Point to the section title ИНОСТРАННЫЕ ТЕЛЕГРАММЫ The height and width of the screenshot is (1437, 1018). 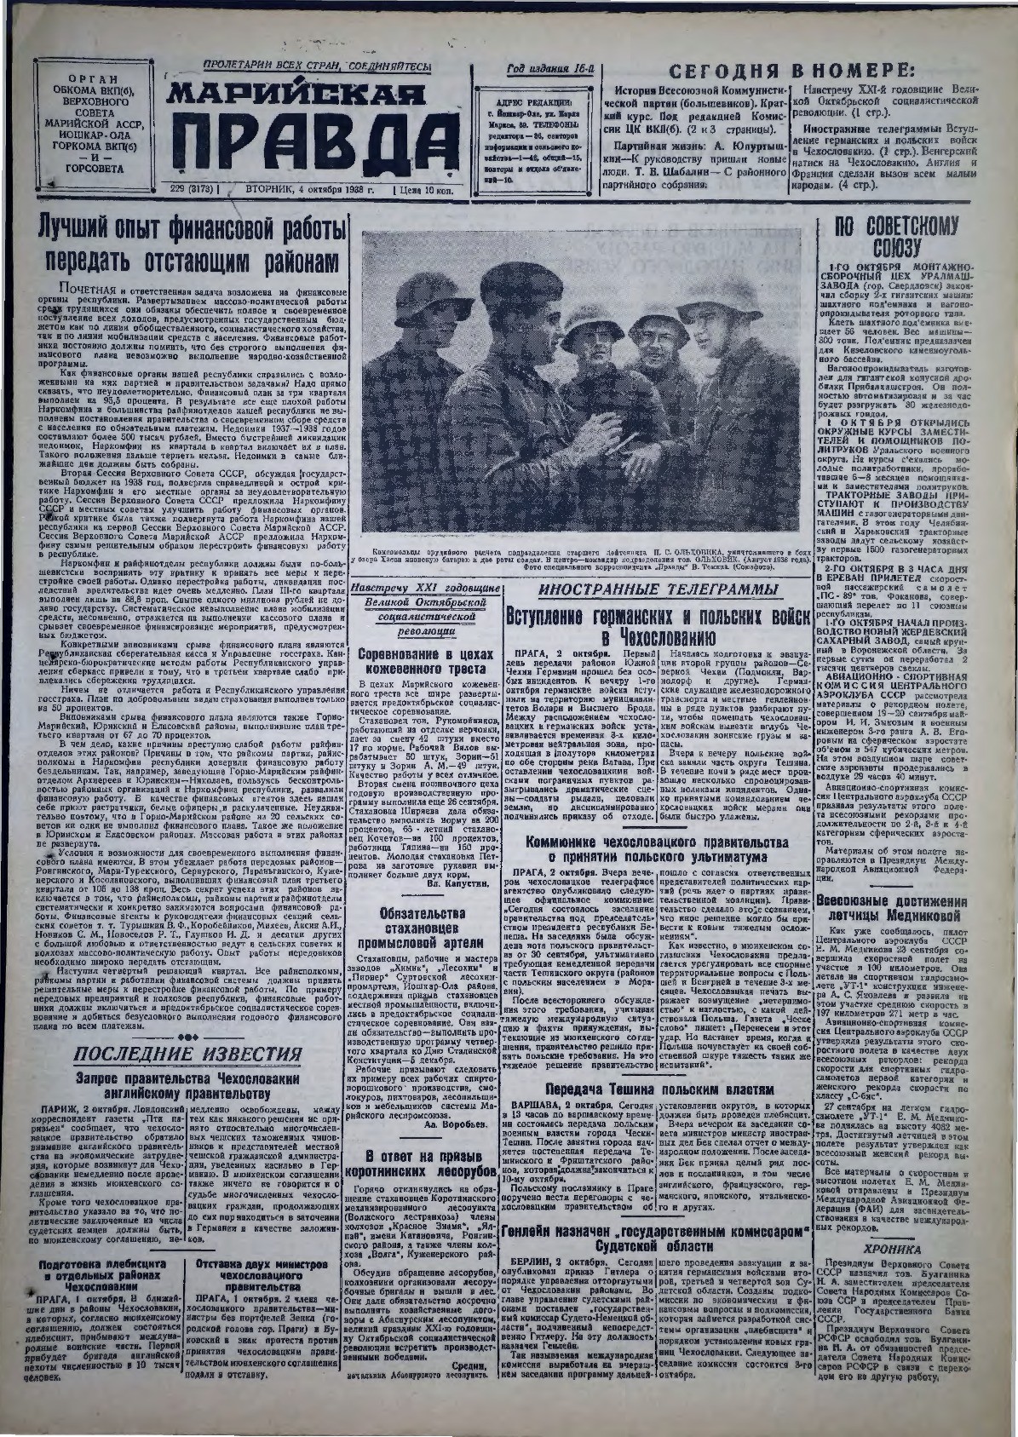pos(656,590)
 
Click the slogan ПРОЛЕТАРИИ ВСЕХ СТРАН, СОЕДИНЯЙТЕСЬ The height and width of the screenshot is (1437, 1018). pos(317,66)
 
